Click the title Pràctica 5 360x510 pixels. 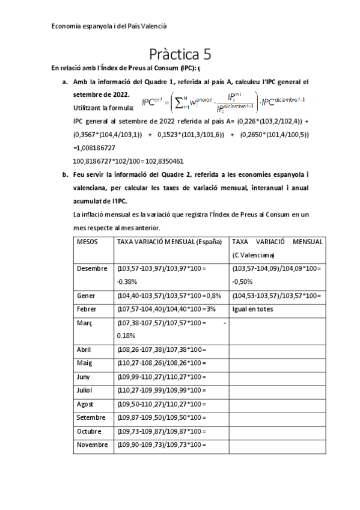point(180,54)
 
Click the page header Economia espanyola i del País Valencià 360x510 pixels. point(109,26)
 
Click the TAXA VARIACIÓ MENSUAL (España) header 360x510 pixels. point(169,241)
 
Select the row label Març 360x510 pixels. point(86,323)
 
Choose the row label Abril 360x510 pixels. point(86,349)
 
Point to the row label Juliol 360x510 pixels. point(87,390)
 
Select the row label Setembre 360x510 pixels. point(91,417)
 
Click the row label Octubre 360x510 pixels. point(91,431)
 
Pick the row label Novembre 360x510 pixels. point(93,444)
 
